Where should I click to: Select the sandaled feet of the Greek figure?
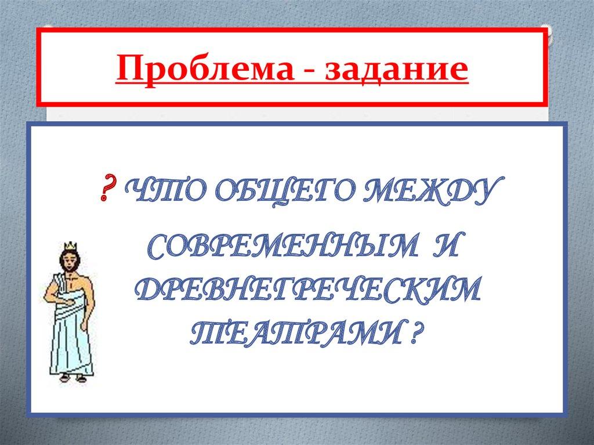coord(74,378)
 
